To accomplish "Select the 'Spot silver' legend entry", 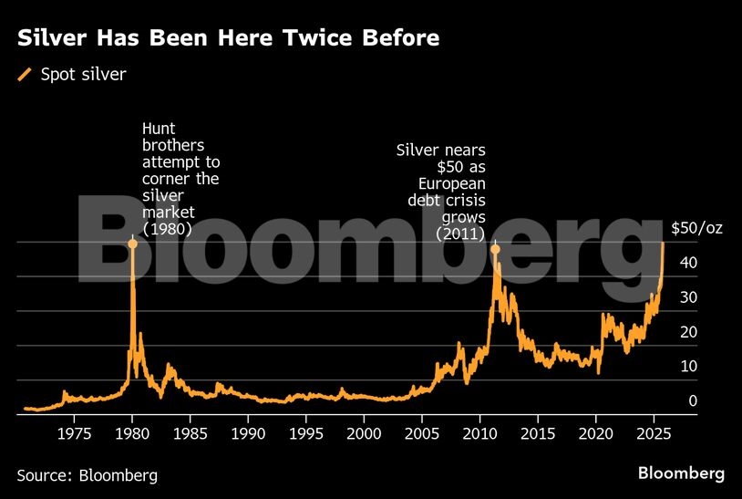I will (83, 75).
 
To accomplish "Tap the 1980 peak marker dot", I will (133, 244).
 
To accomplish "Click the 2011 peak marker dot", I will (496, 249).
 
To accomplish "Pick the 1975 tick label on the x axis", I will (75, 431).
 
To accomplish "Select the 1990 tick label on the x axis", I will (248, 431).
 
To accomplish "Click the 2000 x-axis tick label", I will (364, 431).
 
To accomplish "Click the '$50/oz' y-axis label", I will (696, 228).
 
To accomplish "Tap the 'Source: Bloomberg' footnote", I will (87, 474).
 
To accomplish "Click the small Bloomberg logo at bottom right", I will (681, 473).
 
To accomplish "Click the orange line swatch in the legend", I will (25, 75).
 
